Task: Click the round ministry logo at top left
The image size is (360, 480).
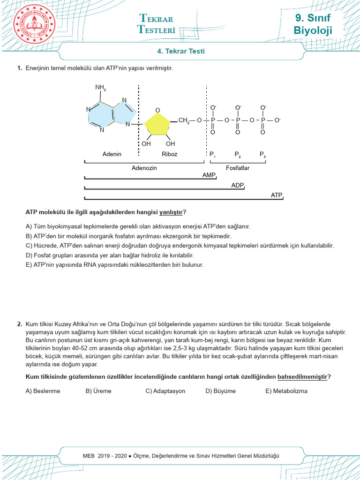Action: coord(35,23)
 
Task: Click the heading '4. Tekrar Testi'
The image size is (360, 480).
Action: coord(180,51)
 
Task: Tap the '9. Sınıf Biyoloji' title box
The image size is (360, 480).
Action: coord(313,24)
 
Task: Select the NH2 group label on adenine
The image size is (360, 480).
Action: coord(100,88)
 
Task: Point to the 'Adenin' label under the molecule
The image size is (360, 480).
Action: coord(112,154)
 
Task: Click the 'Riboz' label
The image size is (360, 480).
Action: coord(169,154)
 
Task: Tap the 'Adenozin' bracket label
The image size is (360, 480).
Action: coord(144,168)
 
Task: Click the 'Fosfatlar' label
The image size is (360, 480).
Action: coord(238,168)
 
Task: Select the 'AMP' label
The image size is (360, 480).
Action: coord(209,174)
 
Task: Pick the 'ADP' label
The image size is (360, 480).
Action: coord(237,185)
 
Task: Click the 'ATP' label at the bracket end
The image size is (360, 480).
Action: coord(277,195)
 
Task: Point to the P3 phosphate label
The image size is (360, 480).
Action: coord(262,154)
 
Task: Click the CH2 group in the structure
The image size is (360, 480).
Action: coord(184,121)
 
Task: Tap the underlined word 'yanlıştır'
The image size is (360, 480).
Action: coord(171,212)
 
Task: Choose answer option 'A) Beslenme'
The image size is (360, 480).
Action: coord(43,391)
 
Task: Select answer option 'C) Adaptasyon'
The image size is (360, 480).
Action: coord(165,391)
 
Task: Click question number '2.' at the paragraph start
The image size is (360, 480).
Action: coord(20,324)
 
